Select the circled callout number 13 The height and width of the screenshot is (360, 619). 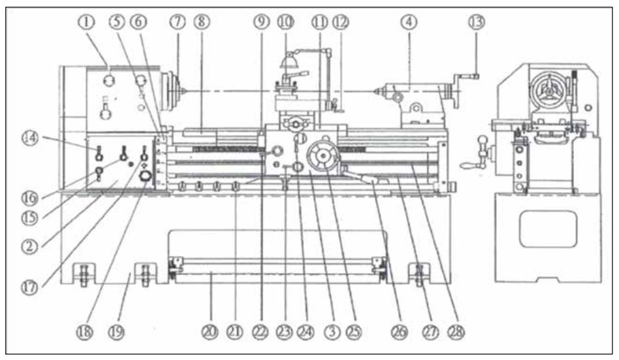[x=477, y=22]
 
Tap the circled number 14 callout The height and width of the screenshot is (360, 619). [x=31, y=139]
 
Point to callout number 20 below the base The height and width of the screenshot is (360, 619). [x=210, y=332]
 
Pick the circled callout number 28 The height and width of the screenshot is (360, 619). [x=456, y=332]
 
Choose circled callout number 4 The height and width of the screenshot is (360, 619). [x=409, y=22]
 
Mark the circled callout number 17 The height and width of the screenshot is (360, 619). [x=29, y=287]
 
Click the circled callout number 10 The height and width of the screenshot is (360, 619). [x=285, y=22]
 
